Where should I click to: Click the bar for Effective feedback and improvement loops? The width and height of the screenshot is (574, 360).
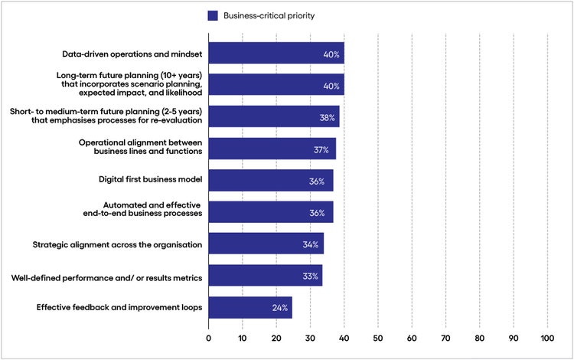tap(249, 308)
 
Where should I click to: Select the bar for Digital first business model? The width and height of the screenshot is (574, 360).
tap(270, 181)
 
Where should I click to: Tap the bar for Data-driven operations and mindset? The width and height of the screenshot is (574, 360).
tap(276, 54)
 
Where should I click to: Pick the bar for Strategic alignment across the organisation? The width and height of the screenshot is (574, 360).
tap(266, 244)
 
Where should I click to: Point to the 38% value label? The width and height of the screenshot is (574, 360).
tap(327, 118)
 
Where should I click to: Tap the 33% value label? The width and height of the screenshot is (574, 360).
tap(310, 277)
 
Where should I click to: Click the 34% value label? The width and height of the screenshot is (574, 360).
tap(311, 244)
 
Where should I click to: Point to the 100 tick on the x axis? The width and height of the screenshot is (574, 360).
tap(546, 337)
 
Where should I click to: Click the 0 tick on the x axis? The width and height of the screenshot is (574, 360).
tap(208, 337)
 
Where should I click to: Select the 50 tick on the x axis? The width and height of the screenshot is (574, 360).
tap(378, 337)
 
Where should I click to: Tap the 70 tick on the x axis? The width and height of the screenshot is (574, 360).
tap(445, 337)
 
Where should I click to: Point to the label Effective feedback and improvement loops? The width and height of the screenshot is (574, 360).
tap(119, 308)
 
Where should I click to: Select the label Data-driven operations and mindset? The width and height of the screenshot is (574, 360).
tap(132, 54)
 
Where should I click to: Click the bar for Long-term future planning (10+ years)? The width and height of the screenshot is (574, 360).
tap(276, 85)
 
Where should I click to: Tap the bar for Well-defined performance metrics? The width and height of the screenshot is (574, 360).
tap(265, 277)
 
